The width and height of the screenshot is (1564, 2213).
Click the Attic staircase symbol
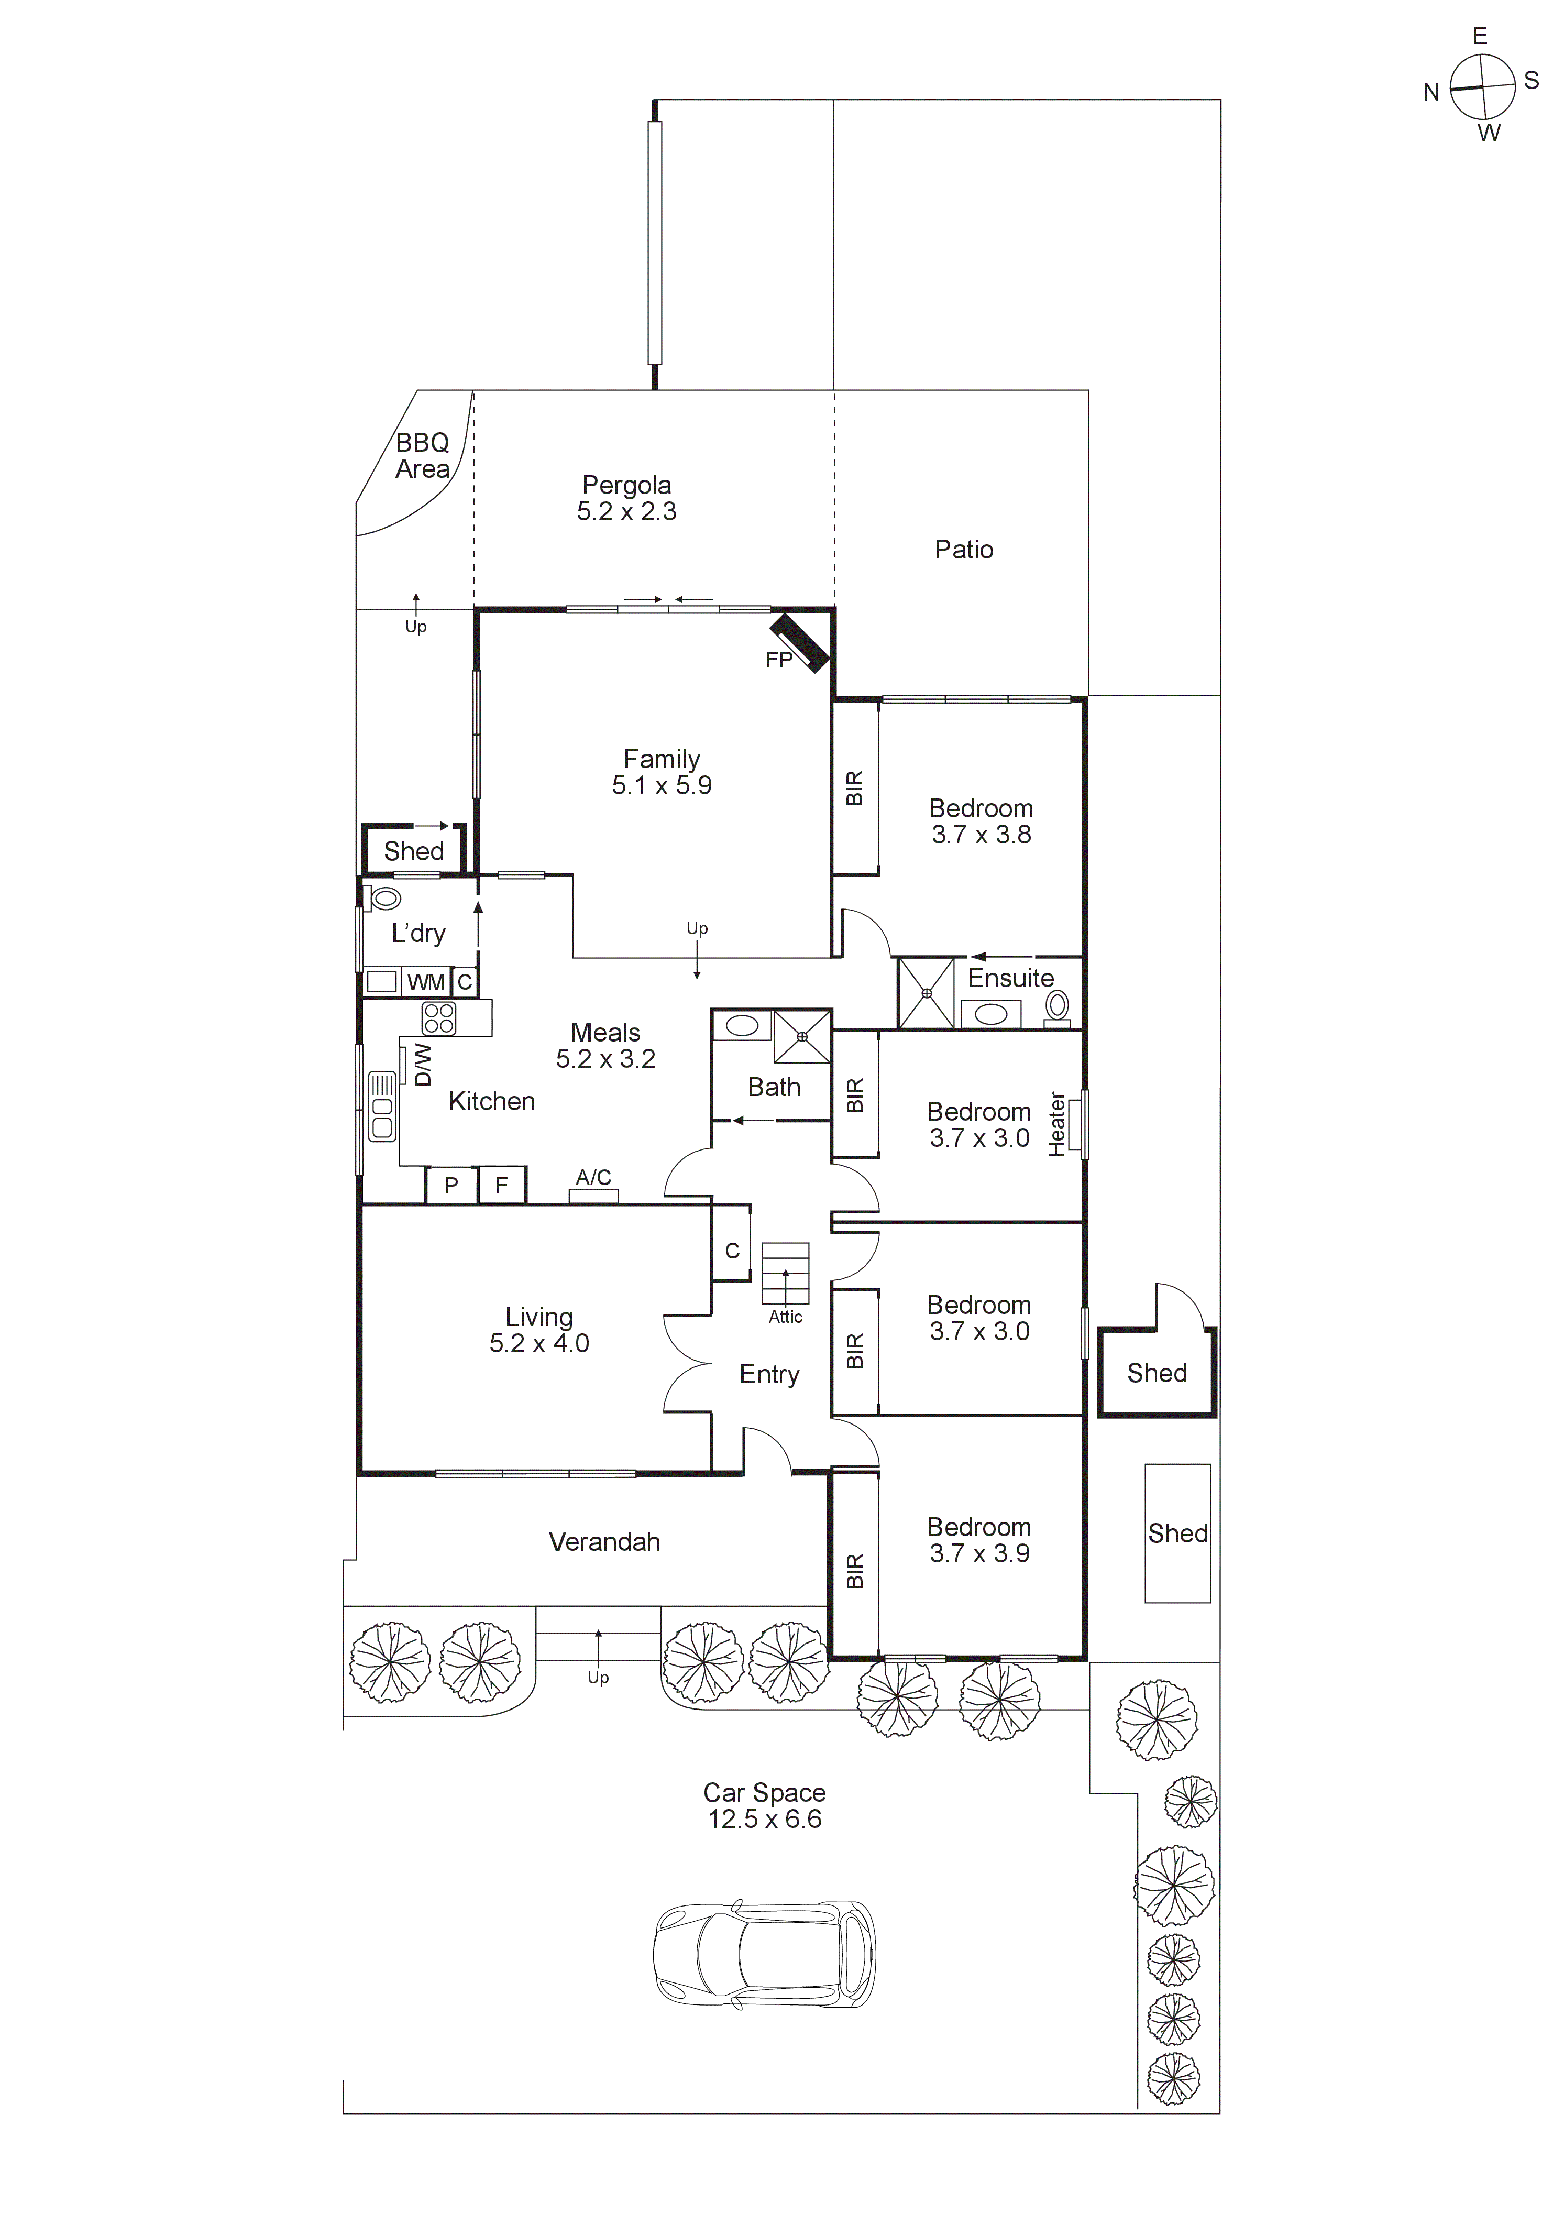point(785,1272)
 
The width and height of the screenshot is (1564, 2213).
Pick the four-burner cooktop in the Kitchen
point(438,1018)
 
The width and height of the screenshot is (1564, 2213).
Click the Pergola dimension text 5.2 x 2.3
point(626,512)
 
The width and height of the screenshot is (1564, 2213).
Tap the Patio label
point(964,550)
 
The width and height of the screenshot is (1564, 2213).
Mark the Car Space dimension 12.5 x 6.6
point(764,1819)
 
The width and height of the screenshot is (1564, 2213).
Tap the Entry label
point(769,1374)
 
